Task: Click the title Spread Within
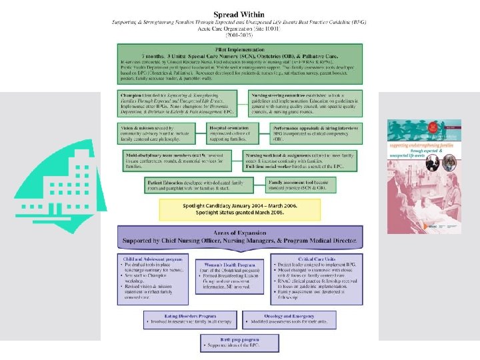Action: click(239, 14)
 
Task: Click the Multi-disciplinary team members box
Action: click(180, 161)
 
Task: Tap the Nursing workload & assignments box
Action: click(307, 161)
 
